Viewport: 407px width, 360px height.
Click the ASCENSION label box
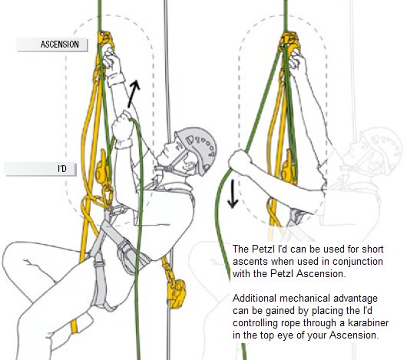(52, 45)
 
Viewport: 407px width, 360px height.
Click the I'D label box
(40, 169)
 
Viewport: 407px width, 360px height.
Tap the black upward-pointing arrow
(134, 94)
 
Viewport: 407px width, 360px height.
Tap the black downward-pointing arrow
(233, 194)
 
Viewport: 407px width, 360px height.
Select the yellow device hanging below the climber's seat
(177, 293)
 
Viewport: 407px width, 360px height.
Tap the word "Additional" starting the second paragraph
(254, 299)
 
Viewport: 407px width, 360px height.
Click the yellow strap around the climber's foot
(74, 326)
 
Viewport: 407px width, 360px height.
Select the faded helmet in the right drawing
(382, 148)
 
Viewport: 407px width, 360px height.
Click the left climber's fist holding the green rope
(123, 127)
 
